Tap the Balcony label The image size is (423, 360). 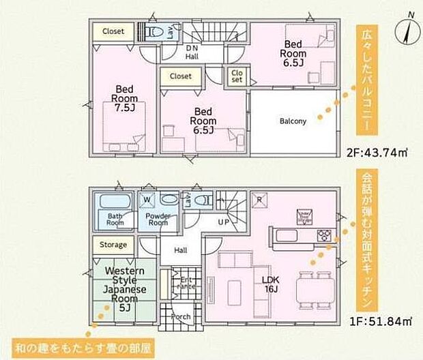pyautogui.click(x=293, y=121)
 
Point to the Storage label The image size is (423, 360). pyautogui.click(x=114, y=245)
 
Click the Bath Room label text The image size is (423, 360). pyautogui.click(x=115, y=219)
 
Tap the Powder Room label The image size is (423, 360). pyautogui.click(x=158, y=219)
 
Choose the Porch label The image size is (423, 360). pyautogui.click(x=181, y=316)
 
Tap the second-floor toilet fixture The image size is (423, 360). pyautogui.click(x=155, y=31)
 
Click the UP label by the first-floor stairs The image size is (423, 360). pyautogui.click(x=223, y=223)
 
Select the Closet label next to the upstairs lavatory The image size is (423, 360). pyautogui.click(x=113, y=31)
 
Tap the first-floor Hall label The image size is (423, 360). pyautogui.click(x=181, y=251)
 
